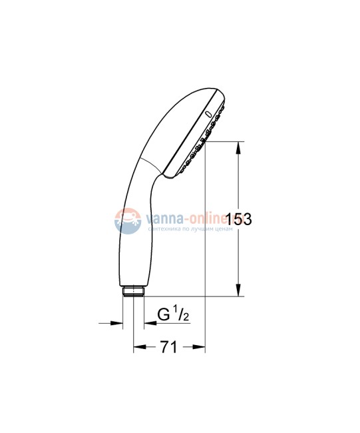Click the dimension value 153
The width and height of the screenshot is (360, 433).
coord(238,219)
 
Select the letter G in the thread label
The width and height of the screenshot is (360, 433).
coord(162,314)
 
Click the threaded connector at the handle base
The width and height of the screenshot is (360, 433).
coord(134,291)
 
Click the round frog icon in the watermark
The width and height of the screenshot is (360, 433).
coord(126,220)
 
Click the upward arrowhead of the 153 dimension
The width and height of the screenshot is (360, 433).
coord(238,147)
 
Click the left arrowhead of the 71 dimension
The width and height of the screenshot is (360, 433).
coord(139,347)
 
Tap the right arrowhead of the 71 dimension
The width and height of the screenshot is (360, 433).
coord(200,347)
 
